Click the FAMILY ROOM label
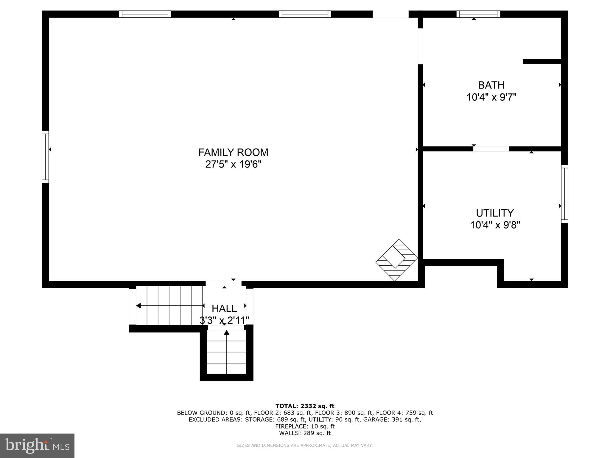[233, 152]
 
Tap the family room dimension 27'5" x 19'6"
[233, 164]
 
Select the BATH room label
[491, 85]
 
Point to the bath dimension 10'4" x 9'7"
[491, 97]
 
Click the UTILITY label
[495, 213]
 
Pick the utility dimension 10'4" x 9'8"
[495, 225]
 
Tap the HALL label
[224, 308]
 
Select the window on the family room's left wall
[45, 157]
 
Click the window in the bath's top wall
[478, 14]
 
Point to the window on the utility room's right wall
[564, 194]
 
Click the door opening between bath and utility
[491, 149]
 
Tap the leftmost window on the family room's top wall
[145, 14]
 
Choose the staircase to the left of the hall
[169, 306]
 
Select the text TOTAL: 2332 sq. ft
[305, 406]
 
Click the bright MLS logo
[37, 445]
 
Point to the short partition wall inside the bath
[542, 61]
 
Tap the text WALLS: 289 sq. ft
[305, 433]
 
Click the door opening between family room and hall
[223, 284]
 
